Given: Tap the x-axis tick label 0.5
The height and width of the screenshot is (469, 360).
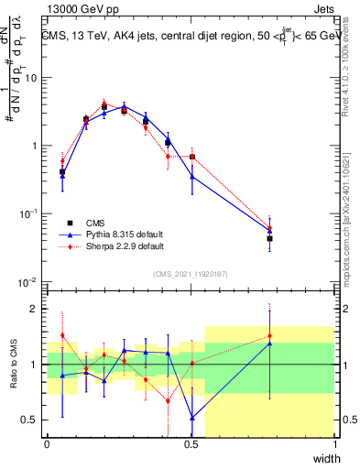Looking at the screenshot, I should (x=191, y=444).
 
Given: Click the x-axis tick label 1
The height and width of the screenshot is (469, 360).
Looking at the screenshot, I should (x=335, y=444).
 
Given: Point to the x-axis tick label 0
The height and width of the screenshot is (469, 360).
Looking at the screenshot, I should (x=47, y=444).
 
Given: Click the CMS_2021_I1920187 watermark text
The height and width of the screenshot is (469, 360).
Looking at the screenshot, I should (x=191, y=272).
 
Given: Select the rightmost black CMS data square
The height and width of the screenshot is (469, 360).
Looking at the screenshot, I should (x=269, y=238).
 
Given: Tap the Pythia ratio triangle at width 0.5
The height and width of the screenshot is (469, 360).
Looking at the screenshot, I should (x=191, y=417).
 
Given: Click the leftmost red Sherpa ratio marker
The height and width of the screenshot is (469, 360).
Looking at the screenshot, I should (x=62, y=335).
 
